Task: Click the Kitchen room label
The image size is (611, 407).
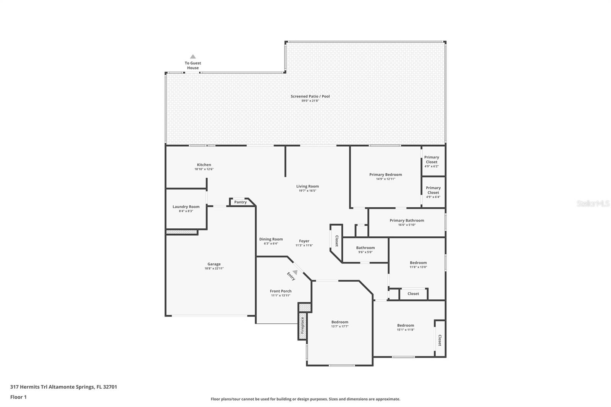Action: point(204,165)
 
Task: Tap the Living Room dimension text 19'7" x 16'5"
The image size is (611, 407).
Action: point(307,191)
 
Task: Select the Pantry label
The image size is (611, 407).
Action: point(240,202)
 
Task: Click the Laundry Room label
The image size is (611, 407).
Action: point(186,207)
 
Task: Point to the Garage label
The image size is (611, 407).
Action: point(214,264)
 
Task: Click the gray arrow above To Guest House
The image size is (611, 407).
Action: point(193,57)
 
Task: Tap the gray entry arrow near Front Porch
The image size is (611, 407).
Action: point(295,272)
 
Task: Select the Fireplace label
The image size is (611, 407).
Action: point(302,325)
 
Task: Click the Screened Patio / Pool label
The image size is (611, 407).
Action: point(310,96)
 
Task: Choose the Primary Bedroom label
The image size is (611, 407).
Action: point(386,174)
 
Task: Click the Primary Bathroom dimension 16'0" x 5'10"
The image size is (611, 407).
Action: point(407,225)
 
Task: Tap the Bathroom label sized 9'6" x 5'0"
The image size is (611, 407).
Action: point(365,248)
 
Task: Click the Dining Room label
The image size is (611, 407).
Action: point(271,239)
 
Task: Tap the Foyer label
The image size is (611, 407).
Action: point(304,241)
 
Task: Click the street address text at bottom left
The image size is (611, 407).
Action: point(63,387)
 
